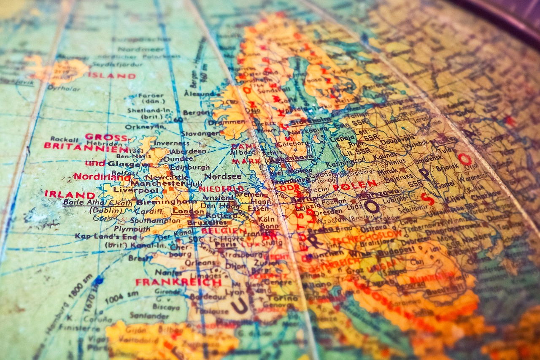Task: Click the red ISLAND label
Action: tap(111, 76)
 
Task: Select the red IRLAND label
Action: tap(70, 195)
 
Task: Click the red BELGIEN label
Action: tap(224, 231)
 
